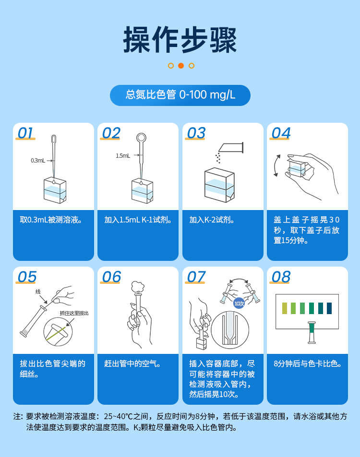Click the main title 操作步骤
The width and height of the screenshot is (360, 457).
(x=180, y=39)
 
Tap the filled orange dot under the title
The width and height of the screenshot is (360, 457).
(x=181, y=66)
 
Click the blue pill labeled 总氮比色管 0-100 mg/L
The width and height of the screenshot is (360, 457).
(x=180, y=95)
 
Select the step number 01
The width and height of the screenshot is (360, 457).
(x=26, y=133)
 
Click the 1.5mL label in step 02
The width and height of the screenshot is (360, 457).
(x=122, y=155)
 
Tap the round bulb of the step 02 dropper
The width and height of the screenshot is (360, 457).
(x=141, y=138)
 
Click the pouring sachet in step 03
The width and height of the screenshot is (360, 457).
(x=232, y=147)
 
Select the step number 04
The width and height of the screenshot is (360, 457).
(x=281, y=133)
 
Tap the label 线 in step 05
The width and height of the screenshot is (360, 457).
(x=38, y=292)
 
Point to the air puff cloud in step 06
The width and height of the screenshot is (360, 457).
(x=138, y=286)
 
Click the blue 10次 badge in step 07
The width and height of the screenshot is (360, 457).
(x=239, y=304)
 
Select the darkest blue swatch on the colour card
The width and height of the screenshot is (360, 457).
(x=329, y=308)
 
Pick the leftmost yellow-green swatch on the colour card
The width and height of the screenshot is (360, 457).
(x=285, y=308)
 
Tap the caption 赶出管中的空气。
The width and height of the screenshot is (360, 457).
(x=132, y=363)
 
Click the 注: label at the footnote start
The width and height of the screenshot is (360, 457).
(x=18, y=416)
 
